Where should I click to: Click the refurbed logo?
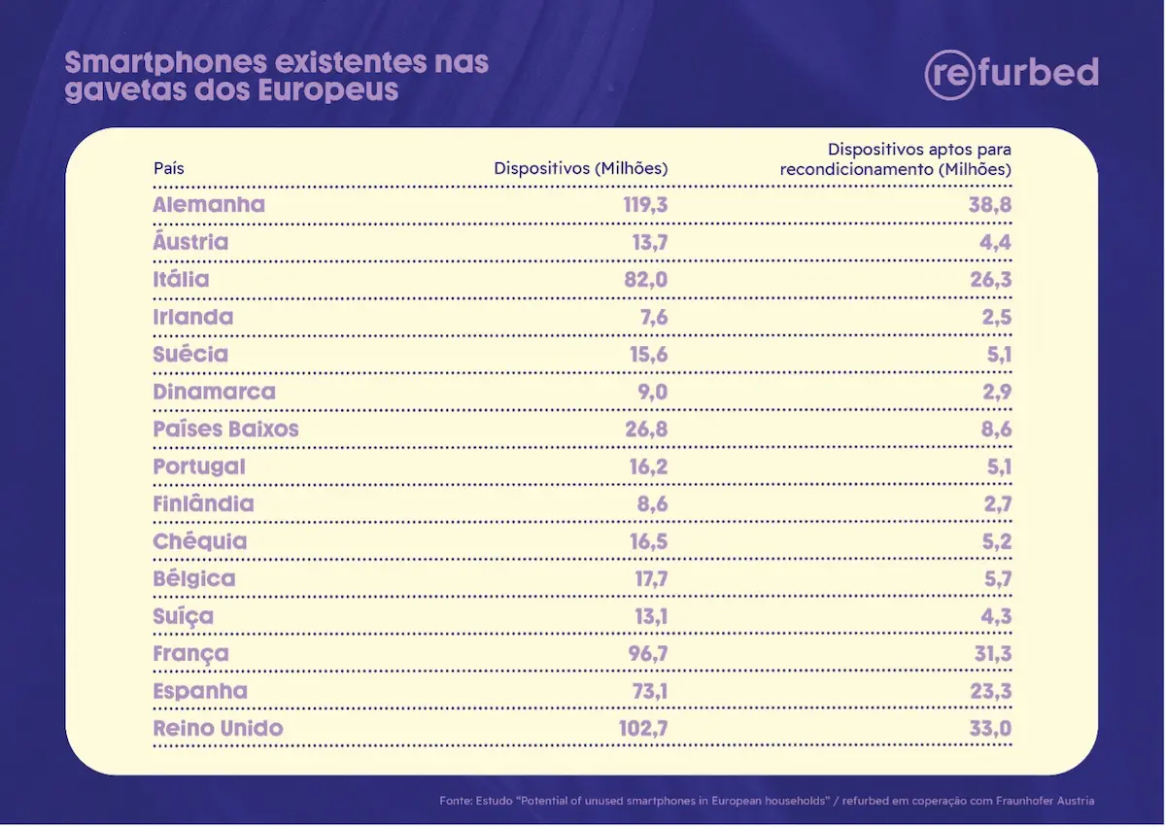click(1012, 74)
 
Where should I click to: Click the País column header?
click(169, 168)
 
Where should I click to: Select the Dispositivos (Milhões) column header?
click(580, 168)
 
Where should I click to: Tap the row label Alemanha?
click(209, 205)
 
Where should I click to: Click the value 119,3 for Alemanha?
click(645, 205)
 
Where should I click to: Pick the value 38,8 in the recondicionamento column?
click(989, 205)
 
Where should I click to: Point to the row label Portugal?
click(199, 466)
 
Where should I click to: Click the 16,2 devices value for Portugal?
click(648, 466)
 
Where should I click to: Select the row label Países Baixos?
click(225, 430)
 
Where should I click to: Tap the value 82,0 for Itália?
click(646, 280)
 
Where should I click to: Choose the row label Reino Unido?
click(218, 729)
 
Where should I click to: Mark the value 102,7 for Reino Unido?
click(644, 729)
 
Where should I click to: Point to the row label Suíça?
click(184, 616)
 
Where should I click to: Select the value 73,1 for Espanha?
click(648, 691)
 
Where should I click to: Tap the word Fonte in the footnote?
click(456, 801)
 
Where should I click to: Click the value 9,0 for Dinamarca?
click(650, 392)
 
